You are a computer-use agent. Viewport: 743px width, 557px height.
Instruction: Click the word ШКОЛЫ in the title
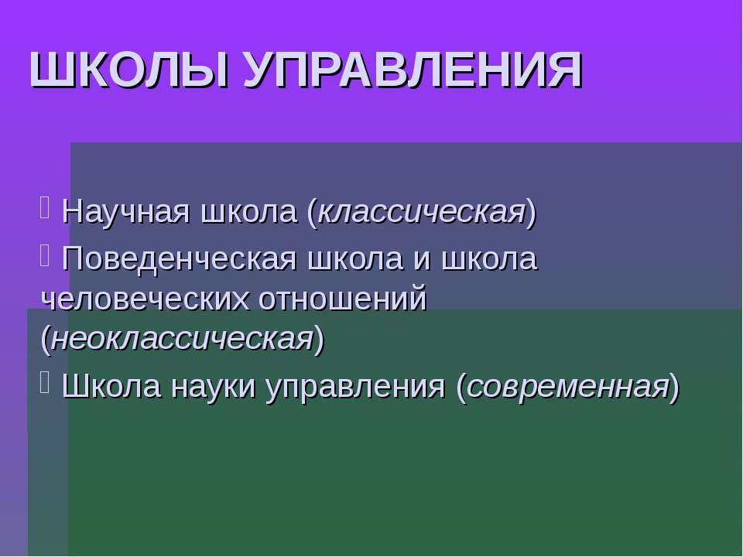[129, 70]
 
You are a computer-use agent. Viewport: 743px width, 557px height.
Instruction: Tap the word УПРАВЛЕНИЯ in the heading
[413, 70]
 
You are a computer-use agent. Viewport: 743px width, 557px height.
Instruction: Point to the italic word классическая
[422, 212]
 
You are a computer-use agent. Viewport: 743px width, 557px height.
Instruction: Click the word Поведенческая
[179, 259]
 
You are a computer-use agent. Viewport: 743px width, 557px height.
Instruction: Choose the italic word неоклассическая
[182, 339]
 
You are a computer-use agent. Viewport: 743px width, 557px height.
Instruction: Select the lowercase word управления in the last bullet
[355, 387]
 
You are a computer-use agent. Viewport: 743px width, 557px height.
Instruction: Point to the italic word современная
[568, 387]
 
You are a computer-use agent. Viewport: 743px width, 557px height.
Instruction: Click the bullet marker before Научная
[45, 208]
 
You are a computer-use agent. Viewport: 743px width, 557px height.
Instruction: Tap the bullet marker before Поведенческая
[45, 256]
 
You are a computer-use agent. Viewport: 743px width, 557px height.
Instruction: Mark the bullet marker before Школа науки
[45, 384]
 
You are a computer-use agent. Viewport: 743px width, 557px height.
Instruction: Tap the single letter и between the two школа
[423, 260]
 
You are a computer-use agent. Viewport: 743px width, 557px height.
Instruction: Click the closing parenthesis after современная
[674, 388]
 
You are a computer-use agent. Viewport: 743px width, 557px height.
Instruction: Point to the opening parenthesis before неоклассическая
[46, 339]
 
